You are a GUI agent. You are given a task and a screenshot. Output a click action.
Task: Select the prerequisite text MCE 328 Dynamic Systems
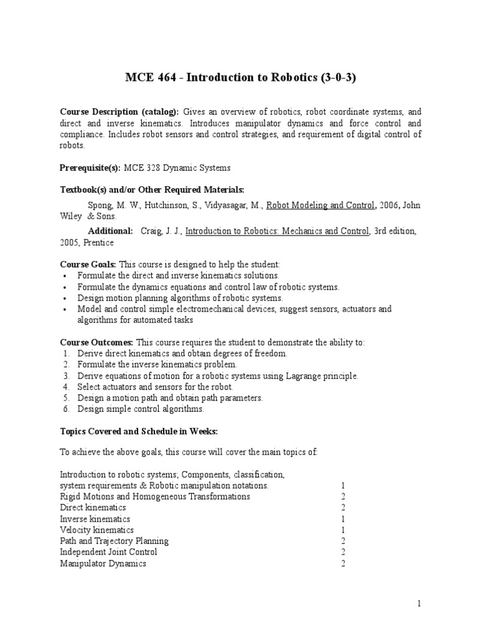click(x=177, y=168)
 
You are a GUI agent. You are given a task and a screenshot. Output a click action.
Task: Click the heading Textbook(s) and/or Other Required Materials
click(x=152, y=189)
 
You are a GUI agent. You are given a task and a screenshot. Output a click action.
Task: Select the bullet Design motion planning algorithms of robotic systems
click(x=180, y=298)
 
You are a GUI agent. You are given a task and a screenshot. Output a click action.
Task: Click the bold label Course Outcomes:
click(x=96, y=343)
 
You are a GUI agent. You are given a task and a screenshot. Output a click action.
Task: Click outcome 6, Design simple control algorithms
click(x=141, y=409)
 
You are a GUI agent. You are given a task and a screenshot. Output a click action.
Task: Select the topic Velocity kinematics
click(x=96, y=530)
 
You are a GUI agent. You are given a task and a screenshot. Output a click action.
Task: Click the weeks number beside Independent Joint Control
click(x=343, y=552)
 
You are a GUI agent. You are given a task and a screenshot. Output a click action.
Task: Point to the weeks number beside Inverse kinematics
click(x=343, y=518)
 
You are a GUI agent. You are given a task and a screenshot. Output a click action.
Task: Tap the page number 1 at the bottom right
click(x=419, y=604)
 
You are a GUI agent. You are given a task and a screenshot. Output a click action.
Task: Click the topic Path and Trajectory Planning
click(x=114, y=541)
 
